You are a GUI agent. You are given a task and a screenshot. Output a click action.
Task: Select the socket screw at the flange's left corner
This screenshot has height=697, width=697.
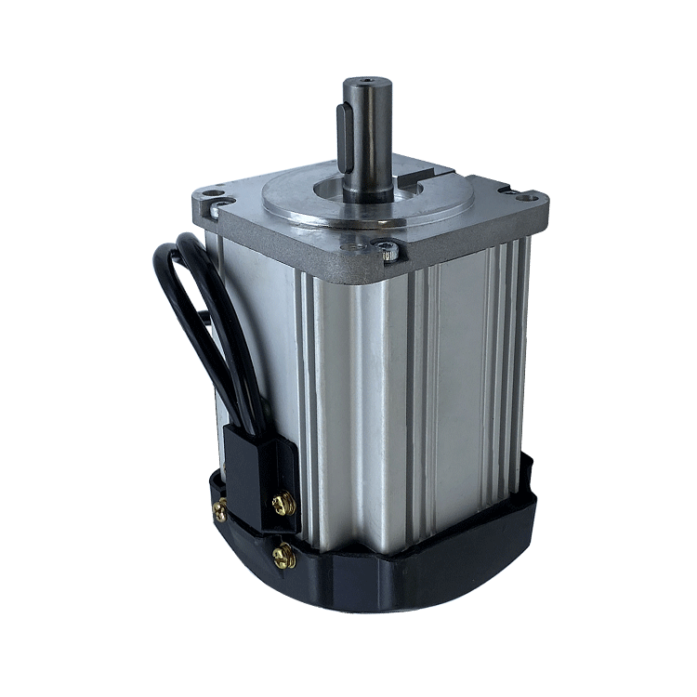(216, 210)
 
